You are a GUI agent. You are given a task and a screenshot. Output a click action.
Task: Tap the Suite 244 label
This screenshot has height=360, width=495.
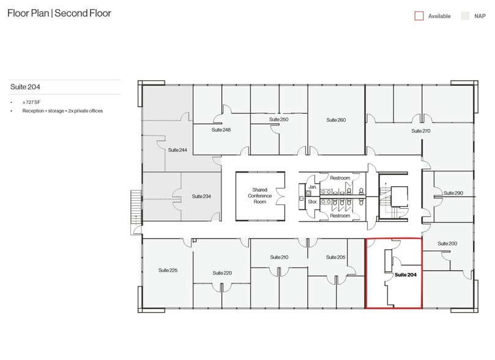[x=177, y=149]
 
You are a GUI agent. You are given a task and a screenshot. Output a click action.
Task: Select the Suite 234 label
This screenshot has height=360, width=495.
[x=201, y=196]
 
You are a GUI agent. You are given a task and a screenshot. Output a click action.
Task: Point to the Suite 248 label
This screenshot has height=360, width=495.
[x=221, y=130]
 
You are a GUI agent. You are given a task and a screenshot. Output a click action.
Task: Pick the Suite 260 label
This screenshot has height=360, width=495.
[x=336, y=120]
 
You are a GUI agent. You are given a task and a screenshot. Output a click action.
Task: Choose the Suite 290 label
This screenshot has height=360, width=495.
[x=453, y=193]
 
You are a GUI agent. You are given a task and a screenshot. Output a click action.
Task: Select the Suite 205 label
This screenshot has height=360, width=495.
[x=336, y=257]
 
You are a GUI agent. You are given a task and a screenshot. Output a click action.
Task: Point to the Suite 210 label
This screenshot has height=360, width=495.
[x=279, y=257]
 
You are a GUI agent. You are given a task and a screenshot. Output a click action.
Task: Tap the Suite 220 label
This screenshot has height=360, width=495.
[x=222, y=272]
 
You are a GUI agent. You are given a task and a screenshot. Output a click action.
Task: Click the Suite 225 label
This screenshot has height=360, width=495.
[x=168, y=270]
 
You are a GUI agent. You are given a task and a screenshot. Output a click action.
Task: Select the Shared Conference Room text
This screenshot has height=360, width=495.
[x=261, y=196]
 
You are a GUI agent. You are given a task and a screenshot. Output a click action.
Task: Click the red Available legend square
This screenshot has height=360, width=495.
[x=419, y=16]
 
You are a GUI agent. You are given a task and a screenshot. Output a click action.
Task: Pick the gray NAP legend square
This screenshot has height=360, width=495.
[x=464, y=16]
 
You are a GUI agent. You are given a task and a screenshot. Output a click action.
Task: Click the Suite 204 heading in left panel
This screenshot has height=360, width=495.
[x=21, y=88]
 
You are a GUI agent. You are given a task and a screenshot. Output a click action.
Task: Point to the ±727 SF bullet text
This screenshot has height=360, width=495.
[x=32, y=102]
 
